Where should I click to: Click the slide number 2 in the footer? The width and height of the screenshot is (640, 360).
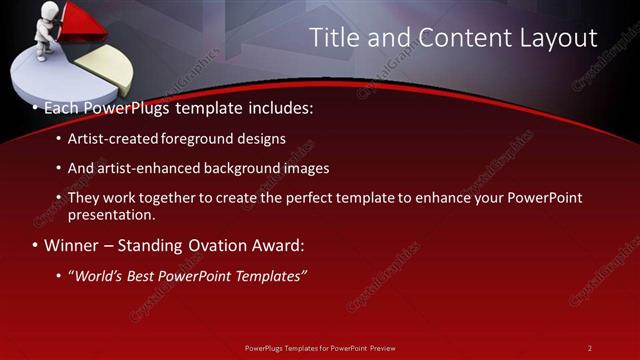point(589,347)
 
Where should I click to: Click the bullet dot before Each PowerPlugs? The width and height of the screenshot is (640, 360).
point(36,106)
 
